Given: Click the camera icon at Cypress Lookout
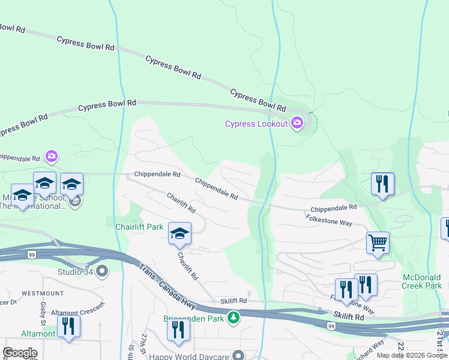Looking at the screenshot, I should (x=297, y=124).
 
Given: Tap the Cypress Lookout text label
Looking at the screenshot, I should (x=256, y=124).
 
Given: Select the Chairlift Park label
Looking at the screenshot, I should (x=139, y=227).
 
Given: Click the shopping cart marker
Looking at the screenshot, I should (x=378, y=244).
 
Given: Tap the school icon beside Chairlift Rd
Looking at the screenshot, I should (x=179, y=234).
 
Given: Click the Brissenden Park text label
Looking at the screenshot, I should (x=194, y=318).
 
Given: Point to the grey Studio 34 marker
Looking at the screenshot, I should (x=101, y=271).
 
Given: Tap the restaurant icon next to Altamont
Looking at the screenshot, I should (x=68, y=326).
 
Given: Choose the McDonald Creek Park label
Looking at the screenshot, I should (x=422, y=281).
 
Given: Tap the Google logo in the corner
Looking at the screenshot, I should (x=19, y=353).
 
